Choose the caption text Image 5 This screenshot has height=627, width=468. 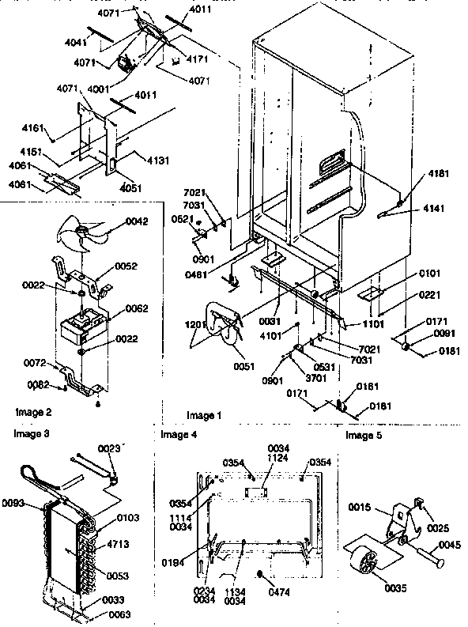point(363,435)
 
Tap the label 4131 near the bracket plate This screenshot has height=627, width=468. point(158,161)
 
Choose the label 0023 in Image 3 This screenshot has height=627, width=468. point(109,449)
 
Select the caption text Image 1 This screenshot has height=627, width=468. point(203,415)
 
